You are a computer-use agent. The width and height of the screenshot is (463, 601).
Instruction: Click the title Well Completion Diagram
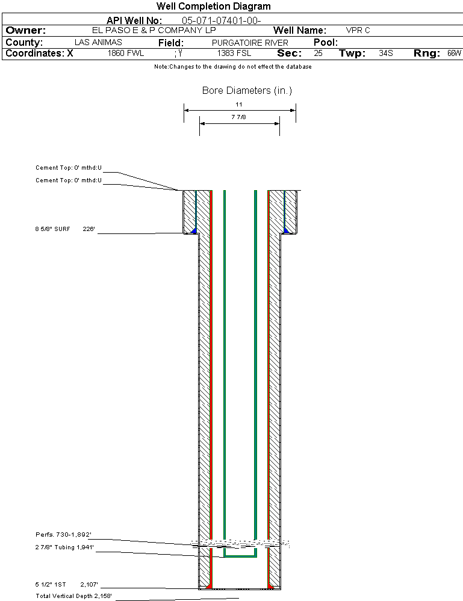point(213,6)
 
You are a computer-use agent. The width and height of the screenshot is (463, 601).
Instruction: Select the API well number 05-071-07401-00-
point(222,20)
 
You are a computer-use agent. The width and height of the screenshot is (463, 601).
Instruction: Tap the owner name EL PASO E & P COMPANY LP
point(154,30)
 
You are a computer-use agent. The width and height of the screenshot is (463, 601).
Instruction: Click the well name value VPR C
point(358,30)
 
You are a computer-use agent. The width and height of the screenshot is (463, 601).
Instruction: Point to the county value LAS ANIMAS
point(98,42)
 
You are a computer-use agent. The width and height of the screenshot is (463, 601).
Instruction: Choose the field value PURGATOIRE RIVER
point(250,43)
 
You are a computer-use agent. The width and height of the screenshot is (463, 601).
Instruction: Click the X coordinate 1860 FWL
point(126,54)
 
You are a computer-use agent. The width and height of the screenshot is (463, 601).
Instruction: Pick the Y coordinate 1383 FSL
point(234,54)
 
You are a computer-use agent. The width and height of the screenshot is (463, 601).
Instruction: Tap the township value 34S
point(386,54)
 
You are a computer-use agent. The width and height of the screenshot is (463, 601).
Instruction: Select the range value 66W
point(454,54)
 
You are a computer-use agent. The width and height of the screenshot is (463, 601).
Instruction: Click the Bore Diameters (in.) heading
point(247,90)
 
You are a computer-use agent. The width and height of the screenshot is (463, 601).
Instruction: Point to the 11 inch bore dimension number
point(239,104)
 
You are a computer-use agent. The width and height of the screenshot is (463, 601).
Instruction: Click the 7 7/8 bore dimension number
point(238,117)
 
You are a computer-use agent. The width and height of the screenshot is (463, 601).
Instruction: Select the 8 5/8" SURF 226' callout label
point(65,229)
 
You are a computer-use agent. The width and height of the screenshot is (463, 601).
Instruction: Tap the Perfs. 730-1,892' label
point(63,534)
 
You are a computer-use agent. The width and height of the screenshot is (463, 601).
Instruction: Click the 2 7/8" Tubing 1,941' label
point(64,547)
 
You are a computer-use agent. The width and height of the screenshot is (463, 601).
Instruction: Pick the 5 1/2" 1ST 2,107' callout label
point(67,585)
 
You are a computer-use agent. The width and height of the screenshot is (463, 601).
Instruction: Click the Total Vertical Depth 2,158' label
point(73,596)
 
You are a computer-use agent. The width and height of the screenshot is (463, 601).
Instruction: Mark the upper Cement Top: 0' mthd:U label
point(69,167)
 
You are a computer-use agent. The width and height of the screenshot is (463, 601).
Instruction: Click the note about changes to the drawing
point(233,67)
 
